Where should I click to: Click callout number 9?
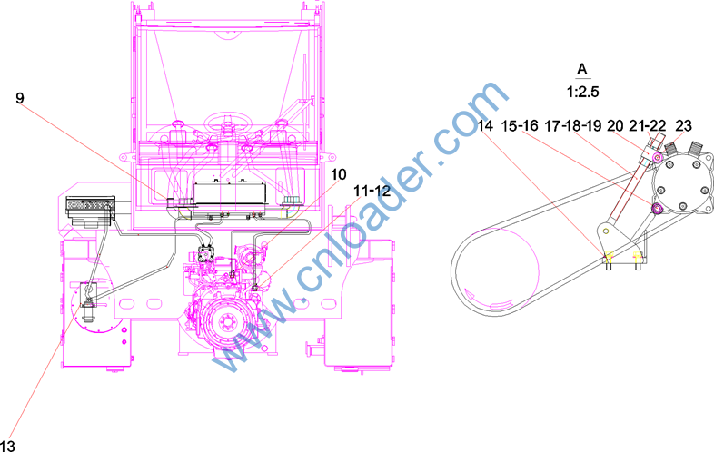click(20, 98)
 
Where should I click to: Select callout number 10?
click(338, 174)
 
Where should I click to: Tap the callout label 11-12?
click(372, 192)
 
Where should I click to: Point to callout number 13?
click(8, 446)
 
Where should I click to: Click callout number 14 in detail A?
click(485, 125)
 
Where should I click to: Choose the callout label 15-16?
click(520, 125)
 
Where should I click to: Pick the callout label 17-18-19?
click(573, 125)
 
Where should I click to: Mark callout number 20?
click(615, 125)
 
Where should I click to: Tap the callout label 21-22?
click(648, 125)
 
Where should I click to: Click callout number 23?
click(683, 125)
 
